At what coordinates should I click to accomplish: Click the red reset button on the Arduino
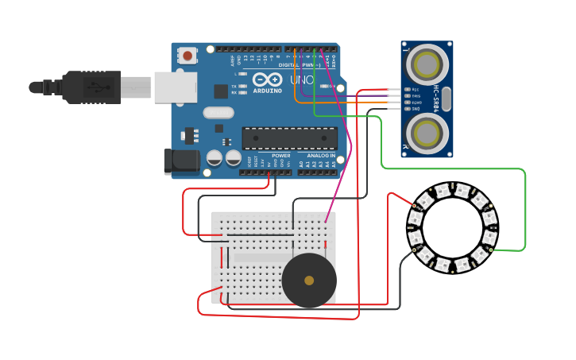188,56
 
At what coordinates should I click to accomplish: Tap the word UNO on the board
301,80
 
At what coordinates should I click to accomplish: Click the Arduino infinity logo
268,79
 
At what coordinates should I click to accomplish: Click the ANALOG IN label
315,155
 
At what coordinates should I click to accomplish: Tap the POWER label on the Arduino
280,155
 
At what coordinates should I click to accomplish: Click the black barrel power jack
181,161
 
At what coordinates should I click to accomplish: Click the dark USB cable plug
92,87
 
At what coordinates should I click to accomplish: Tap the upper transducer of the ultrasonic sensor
428,63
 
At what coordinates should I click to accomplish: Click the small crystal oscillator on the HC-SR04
446,99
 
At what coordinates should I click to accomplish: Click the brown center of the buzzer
309,281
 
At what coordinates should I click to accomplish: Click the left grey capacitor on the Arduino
214,157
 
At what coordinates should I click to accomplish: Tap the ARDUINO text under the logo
268,90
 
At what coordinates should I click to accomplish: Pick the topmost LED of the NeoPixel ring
462,190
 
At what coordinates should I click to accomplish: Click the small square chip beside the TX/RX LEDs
220,91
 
